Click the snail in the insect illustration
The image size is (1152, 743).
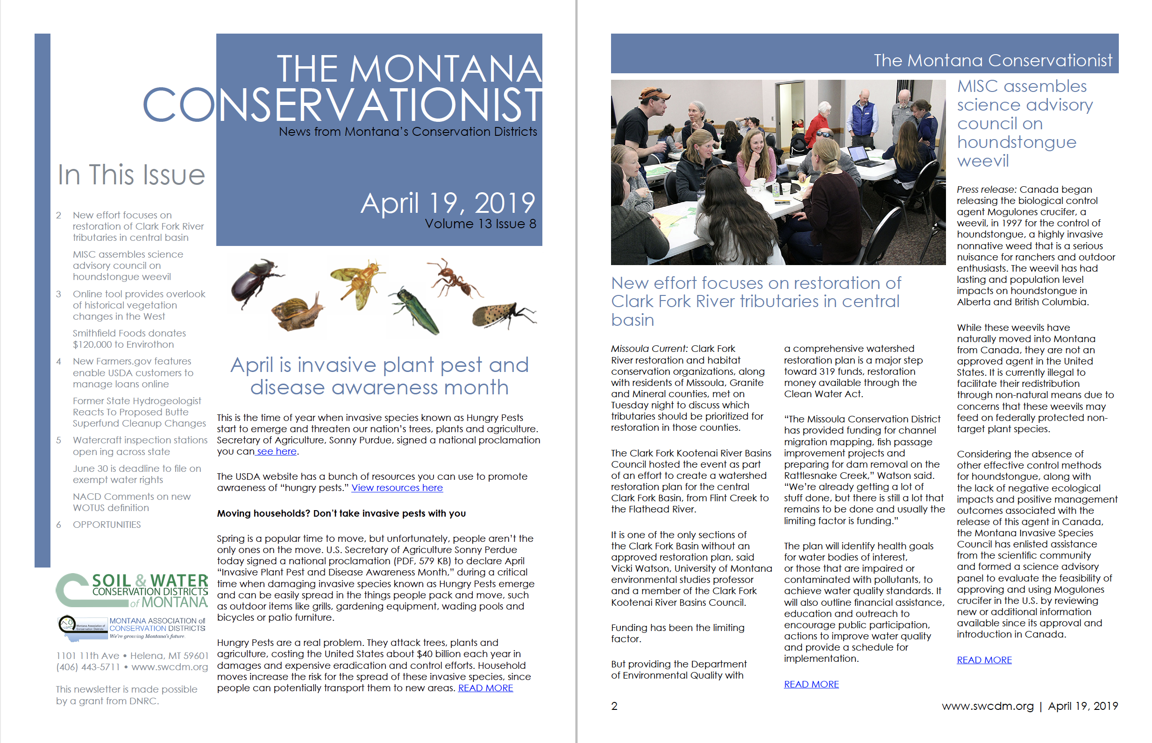tap(297, 312)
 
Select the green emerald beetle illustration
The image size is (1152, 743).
tap(416, 310)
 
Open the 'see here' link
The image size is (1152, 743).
tap(276, 451)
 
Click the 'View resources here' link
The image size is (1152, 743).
tap(397, 488)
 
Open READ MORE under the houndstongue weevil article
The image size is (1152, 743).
tap(984, 660)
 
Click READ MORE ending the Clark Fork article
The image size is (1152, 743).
tap(811, 684)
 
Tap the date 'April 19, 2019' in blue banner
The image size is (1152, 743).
tap(447, 203)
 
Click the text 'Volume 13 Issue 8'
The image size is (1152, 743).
tap(480, 224)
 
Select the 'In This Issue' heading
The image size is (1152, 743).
tap(131, 175)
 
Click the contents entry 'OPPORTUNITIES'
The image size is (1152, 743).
tap(107, 525)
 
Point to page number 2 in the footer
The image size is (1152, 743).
tap(614, 706)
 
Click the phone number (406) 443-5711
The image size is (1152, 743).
tap(88, 667)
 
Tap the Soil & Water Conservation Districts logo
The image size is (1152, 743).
tap(132, 590)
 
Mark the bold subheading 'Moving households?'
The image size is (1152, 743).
tap(341, 513)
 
